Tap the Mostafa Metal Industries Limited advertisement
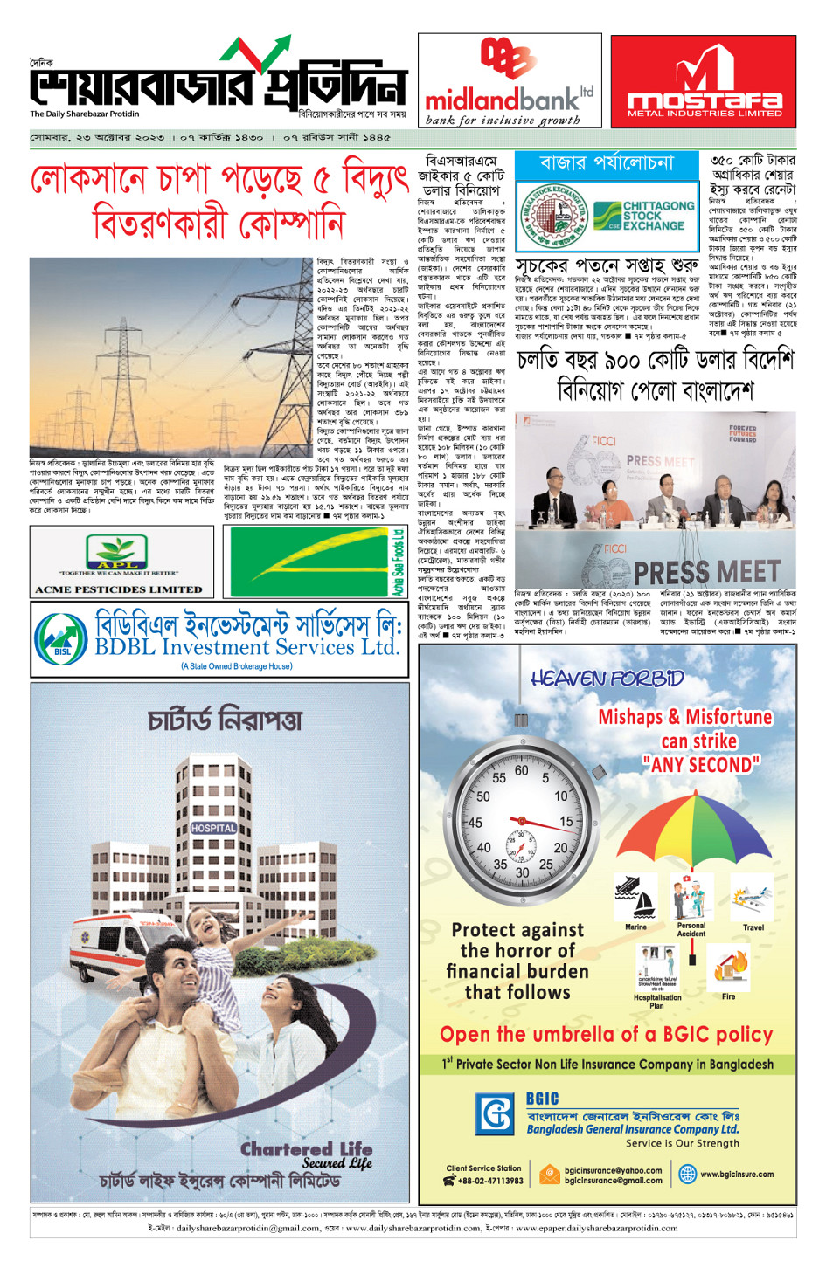[704, 82]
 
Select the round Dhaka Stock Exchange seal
[553, 216]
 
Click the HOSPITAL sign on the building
[213, 828]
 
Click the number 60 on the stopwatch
[521, 770]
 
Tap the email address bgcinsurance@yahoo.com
[613, 1170]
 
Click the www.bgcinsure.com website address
[736, 1175]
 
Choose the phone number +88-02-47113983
[490, 1181]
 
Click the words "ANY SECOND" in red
[701, 765]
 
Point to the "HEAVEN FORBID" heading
[607, 679]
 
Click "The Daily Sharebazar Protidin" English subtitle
[85, 114]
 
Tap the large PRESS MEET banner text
[706, 573]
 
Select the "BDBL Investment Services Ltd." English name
[246, 647]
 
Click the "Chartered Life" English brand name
[306, 1149]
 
